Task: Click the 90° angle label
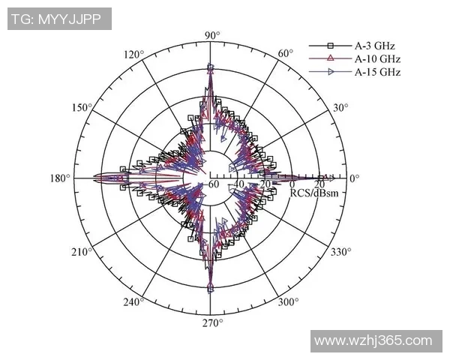[212, 35]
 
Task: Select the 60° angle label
[286, 54]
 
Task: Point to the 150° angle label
[82, 108]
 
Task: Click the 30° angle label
[340, 108]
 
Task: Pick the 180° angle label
[61, 178]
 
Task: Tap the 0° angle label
[355, 178]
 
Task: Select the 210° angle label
[82, 251]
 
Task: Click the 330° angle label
[340, 251]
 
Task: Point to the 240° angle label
[133, 302]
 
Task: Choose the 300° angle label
[287, 302]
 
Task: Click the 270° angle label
[212, 323]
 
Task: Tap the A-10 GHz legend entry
[379, 58]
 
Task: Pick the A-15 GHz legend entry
[379, 72]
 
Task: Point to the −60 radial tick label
[213, 184]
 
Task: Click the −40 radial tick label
[238, 184]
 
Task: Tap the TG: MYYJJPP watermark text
[58, 19]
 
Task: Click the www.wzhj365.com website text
[373, 341]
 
